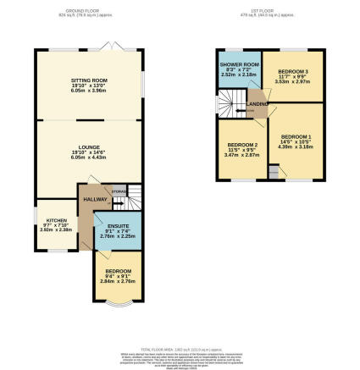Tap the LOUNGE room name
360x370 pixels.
tap(89, 146)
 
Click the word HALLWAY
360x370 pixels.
tap(94, 200)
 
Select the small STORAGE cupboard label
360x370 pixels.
tap(119, 191)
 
